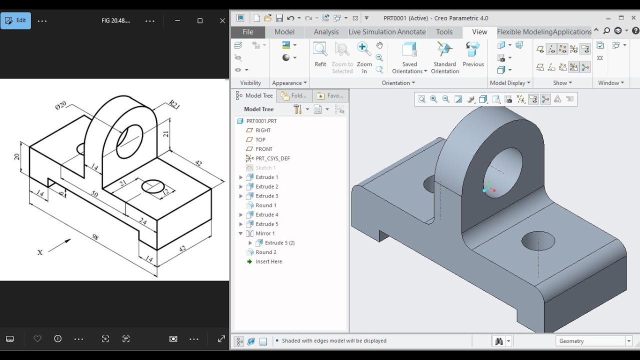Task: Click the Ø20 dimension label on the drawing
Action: click(60, 105)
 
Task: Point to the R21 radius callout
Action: click(174, 104)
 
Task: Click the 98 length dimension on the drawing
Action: click(95, 237)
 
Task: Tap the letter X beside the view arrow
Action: click(40, 252)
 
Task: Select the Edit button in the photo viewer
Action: click(15, 20)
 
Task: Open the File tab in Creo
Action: click(247, 32)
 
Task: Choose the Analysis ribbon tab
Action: click(326, 32)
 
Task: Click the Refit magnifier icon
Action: click(320, 49)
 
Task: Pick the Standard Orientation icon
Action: click(444, 49)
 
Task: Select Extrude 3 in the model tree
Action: click(266, 196)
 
